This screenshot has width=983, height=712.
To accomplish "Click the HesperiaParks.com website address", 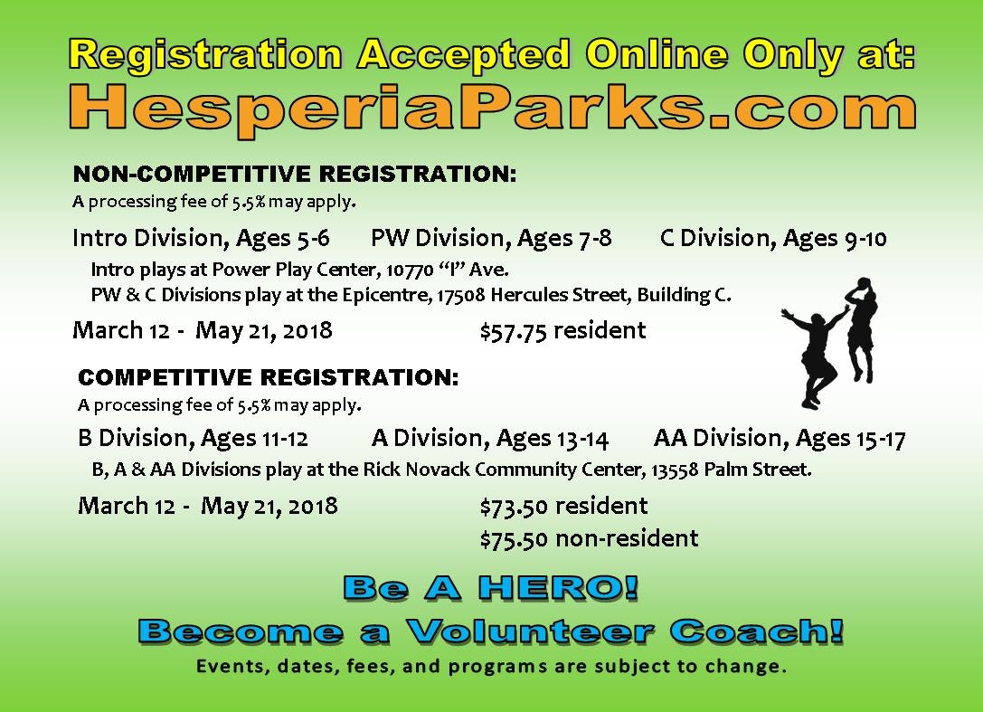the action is (493, 109).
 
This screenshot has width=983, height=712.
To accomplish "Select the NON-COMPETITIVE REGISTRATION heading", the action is (295, 174).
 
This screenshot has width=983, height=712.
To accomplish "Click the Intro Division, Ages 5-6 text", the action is (201, 239).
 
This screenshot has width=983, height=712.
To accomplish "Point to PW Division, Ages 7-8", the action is (492, 239).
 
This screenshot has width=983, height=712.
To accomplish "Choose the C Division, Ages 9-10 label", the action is (773, 239).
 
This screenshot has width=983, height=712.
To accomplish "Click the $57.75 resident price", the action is (563, 330).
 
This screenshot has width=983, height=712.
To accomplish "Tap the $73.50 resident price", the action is (563, 507).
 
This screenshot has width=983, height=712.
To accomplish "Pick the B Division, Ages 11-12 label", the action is (194, 439).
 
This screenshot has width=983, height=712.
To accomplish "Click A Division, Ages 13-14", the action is (489, 439).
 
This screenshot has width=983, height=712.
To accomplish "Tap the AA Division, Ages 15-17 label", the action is (780, 439).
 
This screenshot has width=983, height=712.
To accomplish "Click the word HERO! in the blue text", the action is (558, 588).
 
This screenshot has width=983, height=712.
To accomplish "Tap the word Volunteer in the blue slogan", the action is (530, 631).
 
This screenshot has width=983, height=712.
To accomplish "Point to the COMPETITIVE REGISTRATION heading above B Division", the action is (269, 377).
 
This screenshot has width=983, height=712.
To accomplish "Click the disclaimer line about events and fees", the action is (492, 666).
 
